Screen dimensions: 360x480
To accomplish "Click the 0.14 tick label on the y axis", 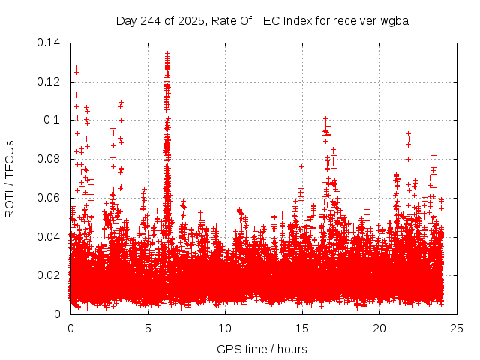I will (x=49, y=43).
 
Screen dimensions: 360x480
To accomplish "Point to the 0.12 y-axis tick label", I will (x=49, y=81).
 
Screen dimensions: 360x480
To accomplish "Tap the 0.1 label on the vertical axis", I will (x=54, y=120).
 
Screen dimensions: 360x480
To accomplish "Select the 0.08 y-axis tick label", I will (x=49, y=159).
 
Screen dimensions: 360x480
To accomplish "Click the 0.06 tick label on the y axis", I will (x=49, y=198).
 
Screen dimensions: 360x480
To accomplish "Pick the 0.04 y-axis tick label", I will (x=49, y=237).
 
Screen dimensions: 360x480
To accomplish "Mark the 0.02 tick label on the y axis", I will (x=49, y=275).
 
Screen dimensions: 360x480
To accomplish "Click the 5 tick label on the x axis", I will (x=148, y=328).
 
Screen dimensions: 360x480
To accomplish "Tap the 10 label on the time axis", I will (x=225, y=328).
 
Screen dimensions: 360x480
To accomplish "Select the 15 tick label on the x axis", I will (x=302, y=328).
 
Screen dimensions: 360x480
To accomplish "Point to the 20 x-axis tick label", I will (x=379, y=328).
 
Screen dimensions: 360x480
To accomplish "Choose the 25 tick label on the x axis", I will (x=457, y=328).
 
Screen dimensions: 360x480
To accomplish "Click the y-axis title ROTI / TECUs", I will (x=10, y=178).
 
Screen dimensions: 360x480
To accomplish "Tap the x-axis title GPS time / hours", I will (x=262, y=349).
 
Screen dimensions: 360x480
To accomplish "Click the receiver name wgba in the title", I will (x=394, y=20).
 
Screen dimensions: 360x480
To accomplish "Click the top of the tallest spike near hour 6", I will (x=167, y=53).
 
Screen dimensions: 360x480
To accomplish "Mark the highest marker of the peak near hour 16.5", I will (x=325, y=118).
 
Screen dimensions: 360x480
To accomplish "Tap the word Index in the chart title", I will (x=298, y=20).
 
